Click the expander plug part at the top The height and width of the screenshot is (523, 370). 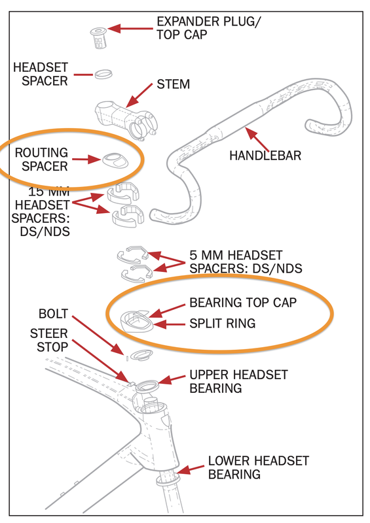[x=98, y=38]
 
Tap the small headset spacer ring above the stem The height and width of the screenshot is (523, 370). [x=103, y=74]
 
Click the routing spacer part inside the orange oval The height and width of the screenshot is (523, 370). [x=115, y=160]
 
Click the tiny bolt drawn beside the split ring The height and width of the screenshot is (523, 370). [x=127, y=359]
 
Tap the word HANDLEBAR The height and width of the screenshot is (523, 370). [x=265, y=156]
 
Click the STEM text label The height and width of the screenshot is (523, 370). [x=173, y=84]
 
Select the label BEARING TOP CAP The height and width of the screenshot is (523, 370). [x=243, y=303]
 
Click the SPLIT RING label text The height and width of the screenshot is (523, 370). [x=222, y=323]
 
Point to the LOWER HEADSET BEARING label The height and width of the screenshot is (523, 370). [x=259, y=467]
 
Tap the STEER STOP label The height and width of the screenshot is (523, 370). [x=50, y=340]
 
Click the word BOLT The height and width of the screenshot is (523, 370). [x=54, y=314]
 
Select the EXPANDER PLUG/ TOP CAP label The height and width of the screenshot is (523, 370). [x=208, y=28]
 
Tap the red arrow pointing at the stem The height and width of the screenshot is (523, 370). [x=139, y=95]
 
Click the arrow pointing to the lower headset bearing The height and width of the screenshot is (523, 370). [x=190, y=469]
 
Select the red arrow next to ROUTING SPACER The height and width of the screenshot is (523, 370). [x=86, y=160]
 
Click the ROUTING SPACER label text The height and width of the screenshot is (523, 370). [x=41, y=160]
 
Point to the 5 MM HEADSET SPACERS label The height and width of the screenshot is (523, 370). [x=246, y=262]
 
